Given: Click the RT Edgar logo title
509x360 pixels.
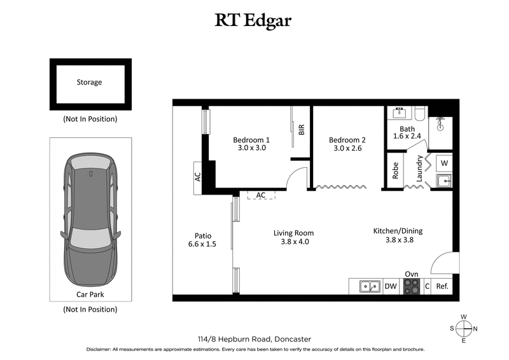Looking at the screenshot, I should coord(254,21).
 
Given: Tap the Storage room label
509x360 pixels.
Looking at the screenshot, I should coord(89,82).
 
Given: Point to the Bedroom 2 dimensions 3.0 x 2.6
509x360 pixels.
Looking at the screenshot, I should coord(347,148).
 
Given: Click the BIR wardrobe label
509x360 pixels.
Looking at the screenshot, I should coord(302,130).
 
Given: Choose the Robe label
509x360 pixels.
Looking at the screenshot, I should coord(395,171).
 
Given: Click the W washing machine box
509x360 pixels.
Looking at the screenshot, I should coord(443,162).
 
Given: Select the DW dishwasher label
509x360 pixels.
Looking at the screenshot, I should coord(391,287).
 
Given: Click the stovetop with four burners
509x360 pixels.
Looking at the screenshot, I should coord(412,287).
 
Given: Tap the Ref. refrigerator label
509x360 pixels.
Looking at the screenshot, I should coord(442,287).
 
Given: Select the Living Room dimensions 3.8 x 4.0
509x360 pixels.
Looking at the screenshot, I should coord(293,242).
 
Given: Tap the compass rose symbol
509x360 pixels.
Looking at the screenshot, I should coord(464,328).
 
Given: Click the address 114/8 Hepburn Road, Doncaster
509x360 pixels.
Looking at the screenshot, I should coord(254,339).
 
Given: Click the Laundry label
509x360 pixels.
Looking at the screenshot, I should coord(419,170).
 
